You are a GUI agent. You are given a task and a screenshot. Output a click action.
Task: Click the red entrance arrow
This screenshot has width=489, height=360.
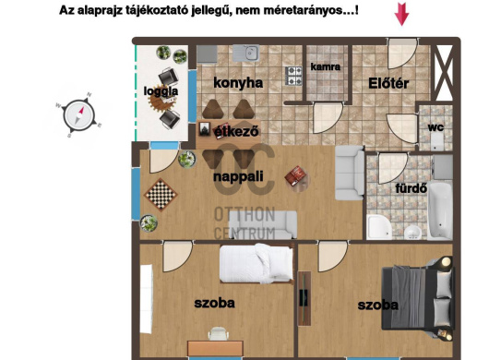click(401, 14)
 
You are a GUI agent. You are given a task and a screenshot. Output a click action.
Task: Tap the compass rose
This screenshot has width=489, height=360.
click(79, 114)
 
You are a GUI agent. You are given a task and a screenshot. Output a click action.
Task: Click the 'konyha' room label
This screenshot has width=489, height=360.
click(238, 83)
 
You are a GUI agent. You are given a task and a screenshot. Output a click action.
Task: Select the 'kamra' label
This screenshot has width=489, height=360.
click(326, 66)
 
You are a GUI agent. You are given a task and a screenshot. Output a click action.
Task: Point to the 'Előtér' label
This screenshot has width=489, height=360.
click(388, 83)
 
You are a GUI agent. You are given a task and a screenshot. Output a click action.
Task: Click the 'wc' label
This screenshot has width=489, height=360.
click(435, 127)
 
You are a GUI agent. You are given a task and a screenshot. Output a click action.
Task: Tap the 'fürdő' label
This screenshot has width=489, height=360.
click(411, 188)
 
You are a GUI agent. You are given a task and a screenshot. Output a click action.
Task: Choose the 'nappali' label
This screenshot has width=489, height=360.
click(238, 177)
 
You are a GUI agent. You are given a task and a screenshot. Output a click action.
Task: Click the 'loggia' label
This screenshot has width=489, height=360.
click(161, 91)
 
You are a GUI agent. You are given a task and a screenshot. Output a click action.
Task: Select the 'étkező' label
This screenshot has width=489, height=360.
click(236, 131)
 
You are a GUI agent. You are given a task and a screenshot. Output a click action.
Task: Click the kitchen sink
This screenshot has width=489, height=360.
click(245, 53)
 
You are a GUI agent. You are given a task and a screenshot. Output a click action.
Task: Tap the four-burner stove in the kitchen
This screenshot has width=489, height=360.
click(293, 76)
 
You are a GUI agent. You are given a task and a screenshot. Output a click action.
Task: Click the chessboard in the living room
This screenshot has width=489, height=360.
click(161, 195)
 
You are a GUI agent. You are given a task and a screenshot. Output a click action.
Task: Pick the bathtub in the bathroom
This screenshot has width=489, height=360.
click(440, 210)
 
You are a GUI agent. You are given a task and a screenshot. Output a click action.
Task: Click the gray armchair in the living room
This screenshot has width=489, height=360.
click(350, 173)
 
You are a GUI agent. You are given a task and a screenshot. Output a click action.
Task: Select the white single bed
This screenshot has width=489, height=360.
click(256, 264)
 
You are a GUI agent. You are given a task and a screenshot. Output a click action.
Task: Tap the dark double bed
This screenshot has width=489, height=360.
click(418, 298)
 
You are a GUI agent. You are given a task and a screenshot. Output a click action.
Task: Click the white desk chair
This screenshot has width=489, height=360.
click(219, 334)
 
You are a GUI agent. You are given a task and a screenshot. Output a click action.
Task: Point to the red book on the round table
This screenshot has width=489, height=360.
click(295, 175)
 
